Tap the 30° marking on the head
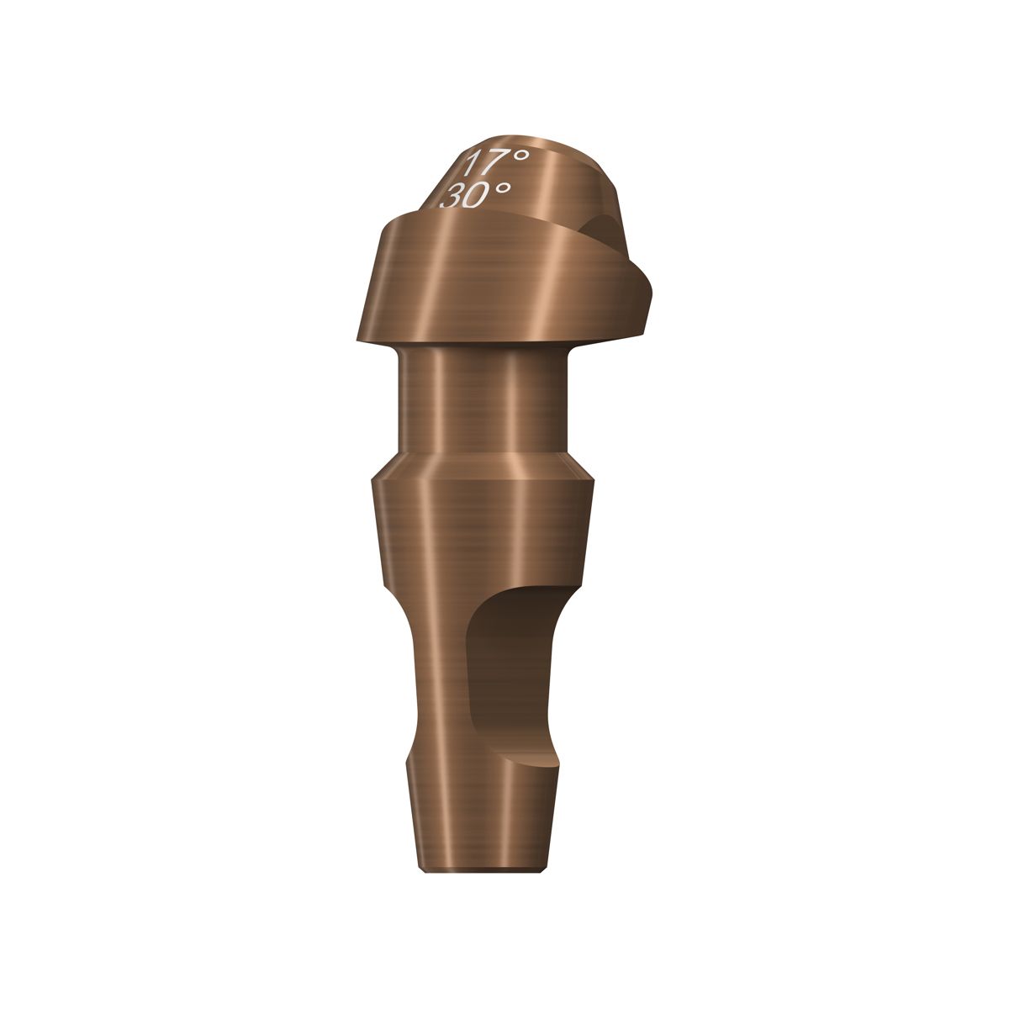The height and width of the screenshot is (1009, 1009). tap(475, 195)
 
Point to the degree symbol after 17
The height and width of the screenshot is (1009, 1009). tap(520, 156)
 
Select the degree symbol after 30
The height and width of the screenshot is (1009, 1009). tap(502, 189)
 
